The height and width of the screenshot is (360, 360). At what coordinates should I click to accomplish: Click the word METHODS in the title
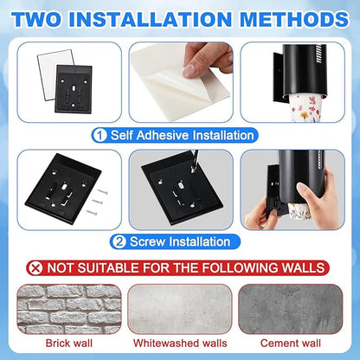(x=294, y=19)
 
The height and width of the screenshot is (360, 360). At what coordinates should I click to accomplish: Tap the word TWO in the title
(x=36, y=19)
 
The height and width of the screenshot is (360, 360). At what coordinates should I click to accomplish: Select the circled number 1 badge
(x=100, y=135)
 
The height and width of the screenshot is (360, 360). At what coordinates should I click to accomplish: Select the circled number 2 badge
(x=119, y=241)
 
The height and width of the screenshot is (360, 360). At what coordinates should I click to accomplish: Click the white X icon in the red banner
(x=36, y=268)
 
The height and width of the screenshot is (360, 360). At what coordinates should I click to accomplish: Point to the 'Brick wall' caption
(x=69, y=344)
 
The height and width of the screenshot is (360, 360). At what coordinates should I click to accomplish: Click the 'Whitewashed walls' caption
(x=180, y=344)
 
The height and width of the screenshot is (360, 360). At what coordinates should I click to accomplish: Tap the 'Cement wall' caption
(x=291, y=344)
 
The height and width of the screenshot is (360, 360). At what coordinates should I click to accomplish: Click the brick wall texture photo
(x=69, y=309)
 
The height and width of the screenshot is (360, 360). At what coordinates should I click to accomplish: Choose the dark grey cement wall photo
(x=291, y=309)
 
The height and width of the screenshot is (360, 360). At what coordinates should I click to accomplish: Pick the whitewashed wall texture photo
(x=180, y=309)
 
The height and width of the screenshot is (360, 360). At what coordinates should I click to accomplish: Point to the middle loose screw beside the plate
(x=98, y=201)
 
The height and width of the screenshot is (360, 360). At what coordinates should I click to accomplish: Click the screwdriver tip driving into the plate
(x=192, y=170)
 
